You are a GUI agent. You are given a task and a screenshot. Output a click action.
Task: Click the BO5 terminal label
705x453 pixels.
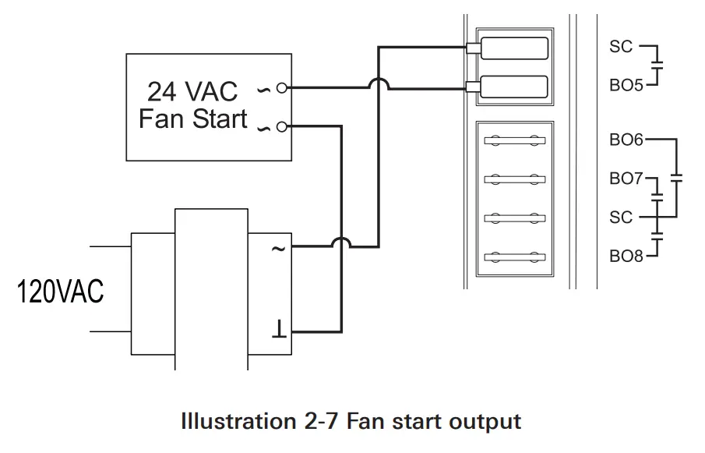626,85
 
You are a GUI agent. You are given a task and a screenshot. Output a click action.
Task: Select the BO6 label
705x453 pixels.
626,140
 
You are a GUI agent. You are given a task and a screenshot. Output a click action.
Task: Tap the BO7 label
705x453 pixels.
626,179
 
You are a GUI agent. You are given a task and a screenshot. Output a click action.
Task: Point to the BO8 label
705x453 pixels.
626,256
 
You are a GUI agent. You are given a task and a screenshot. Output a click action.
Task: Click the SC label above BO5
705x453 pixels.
621,47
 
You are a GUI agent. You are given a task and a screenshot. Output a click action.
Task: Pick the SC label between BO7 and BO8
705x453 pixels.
621,217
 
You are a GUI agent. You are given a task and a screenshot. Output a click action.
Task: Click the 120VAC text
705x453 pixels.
61,292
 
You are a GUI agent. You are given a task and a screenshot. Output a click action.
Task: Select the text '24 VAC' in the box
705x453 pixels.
192,91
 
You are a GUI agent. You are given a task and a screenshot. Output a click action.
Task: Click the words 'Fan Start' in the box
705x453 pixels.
192,119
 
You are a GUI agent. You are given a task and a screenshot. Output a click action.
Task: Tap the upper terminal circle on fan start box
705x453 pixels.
281,88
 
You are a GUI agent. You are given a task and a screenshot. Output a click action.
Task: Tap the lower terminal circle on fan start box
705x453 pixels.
281,126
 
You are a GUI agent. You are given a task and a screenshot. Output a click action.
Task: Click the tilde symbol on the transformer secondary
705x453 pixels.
277,249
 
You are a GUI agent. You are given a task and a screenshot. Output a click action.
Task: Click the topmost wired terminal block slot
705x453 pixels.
514,48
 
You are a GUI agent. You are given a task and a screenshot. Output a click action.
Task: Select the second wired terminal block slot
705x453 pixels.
514,86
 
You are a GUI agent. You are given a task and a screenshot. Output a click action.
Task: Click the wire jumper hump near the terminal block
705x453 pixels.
378,83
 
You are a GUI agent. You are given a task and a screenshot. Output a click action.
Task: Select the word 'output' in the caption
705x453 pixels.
484,422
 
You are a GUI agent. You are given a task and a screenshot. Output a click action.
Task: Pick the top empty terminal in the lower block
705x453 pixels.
513,141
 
